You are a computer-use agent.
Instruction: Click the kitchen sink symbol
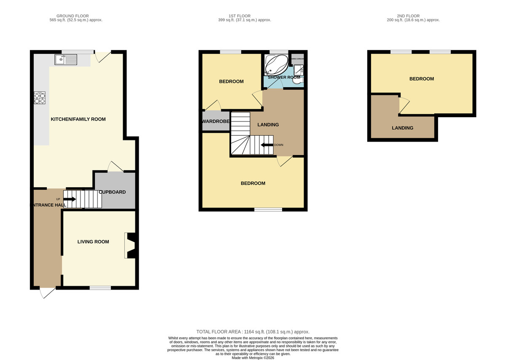(x=65, y=59)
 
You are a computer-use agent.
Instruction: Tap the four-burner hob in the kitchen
(x=40, y=98)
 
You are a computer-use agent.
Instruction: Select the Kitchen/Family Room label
(x=78, y=119)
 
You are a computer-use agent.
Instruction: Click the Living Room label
(x=93, y=242)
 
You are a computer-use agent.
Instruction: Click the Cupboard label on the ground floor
(x=112, y=192)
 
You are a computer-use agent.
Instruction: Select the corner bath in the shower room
(x=275, y=65)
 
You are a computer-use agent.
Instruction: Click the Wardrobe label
(x=216, y=121)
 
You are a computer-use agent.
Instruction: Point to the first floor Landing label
(x=268, y=124)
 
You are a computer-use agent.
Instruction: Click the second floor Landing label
(x=402, y=128)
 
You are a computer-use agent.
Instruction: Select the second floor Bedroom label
(x=422, y=79)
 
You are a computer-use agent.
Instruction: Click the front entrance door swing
(x=47, y=293)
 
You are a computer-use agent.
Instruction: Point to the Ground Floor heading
(x=76, y=18)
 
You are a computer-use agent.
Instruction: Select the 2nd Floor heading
(x=413, y=18)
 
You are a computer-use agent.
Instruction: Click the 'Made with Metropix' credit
(x=253, y=357)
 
